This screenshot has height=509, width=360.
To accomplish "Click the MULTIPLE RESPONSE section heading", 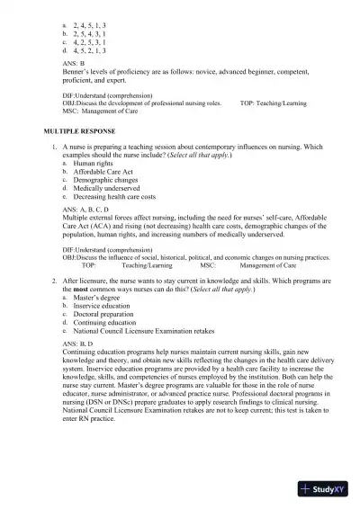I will pos(73,131).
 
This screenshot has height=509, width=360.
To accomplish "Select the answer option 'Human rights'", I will pos(94,163).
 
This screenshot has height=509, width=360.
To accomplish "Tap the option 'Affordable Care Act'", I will pos(103,171).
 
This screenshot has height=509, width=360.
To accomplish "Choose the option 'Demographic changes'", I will pos(103,180).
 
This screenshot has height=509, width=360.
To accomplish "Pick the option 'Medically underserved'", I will pos(104,188).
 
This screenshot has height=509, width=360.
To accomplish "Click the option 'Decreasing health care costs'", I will pos(114,196).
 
